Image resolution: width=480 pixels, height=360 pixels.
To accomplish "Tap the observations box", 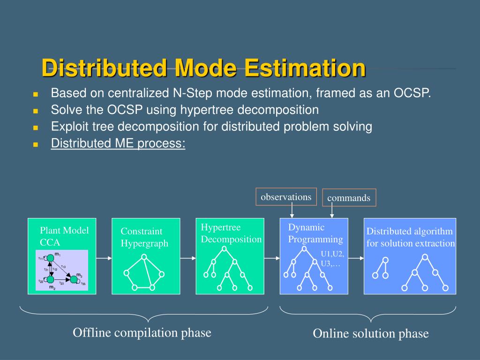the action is (286, 197).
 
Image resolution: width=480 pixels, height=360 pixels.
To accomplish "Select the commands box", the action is (349, 198).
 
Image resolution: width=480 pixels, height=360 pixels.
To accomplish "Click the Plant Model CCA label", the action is (64, 236).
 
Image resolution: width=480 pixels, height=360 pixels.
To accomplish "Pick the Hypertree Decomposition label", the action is (231, 233).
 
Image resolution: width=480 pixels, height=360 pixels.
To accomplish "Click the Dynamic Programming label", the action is (315, 233).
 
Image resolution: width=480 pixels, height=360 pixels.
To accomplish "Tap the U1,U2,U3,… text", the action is (332, 259).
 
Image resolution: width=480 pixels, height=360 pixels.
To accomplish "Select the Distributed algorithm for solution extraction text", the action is (410, 237).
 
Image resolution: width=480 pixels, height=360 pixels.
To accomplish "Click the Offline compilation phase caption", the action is (142, 333).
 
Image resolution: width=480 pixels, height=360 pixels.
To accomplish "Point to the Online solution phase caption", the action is (370, 334).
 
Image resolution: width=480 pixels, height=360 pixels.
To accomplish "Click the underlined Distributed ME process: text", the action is (118, 143).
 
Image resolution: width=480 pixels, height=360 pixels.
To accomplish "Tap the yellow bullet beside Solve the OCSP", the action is (35, 111).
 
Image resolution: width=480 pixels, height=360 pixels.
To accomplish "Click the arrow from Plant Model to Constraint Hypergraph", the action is (104, 258).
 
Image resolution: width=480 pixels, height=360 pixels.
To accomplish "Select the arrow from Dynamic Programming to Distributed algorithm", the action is (356, 258).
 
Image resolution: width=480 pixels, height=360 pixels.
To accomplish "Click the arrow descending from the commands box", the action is (332, 212).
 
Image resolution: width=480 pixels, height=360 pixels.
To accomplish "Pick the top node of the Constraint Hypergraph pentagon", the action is (144, 256).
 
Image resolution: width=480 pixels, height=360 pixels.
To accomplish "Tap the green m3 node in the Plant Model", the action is (74, 279).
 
